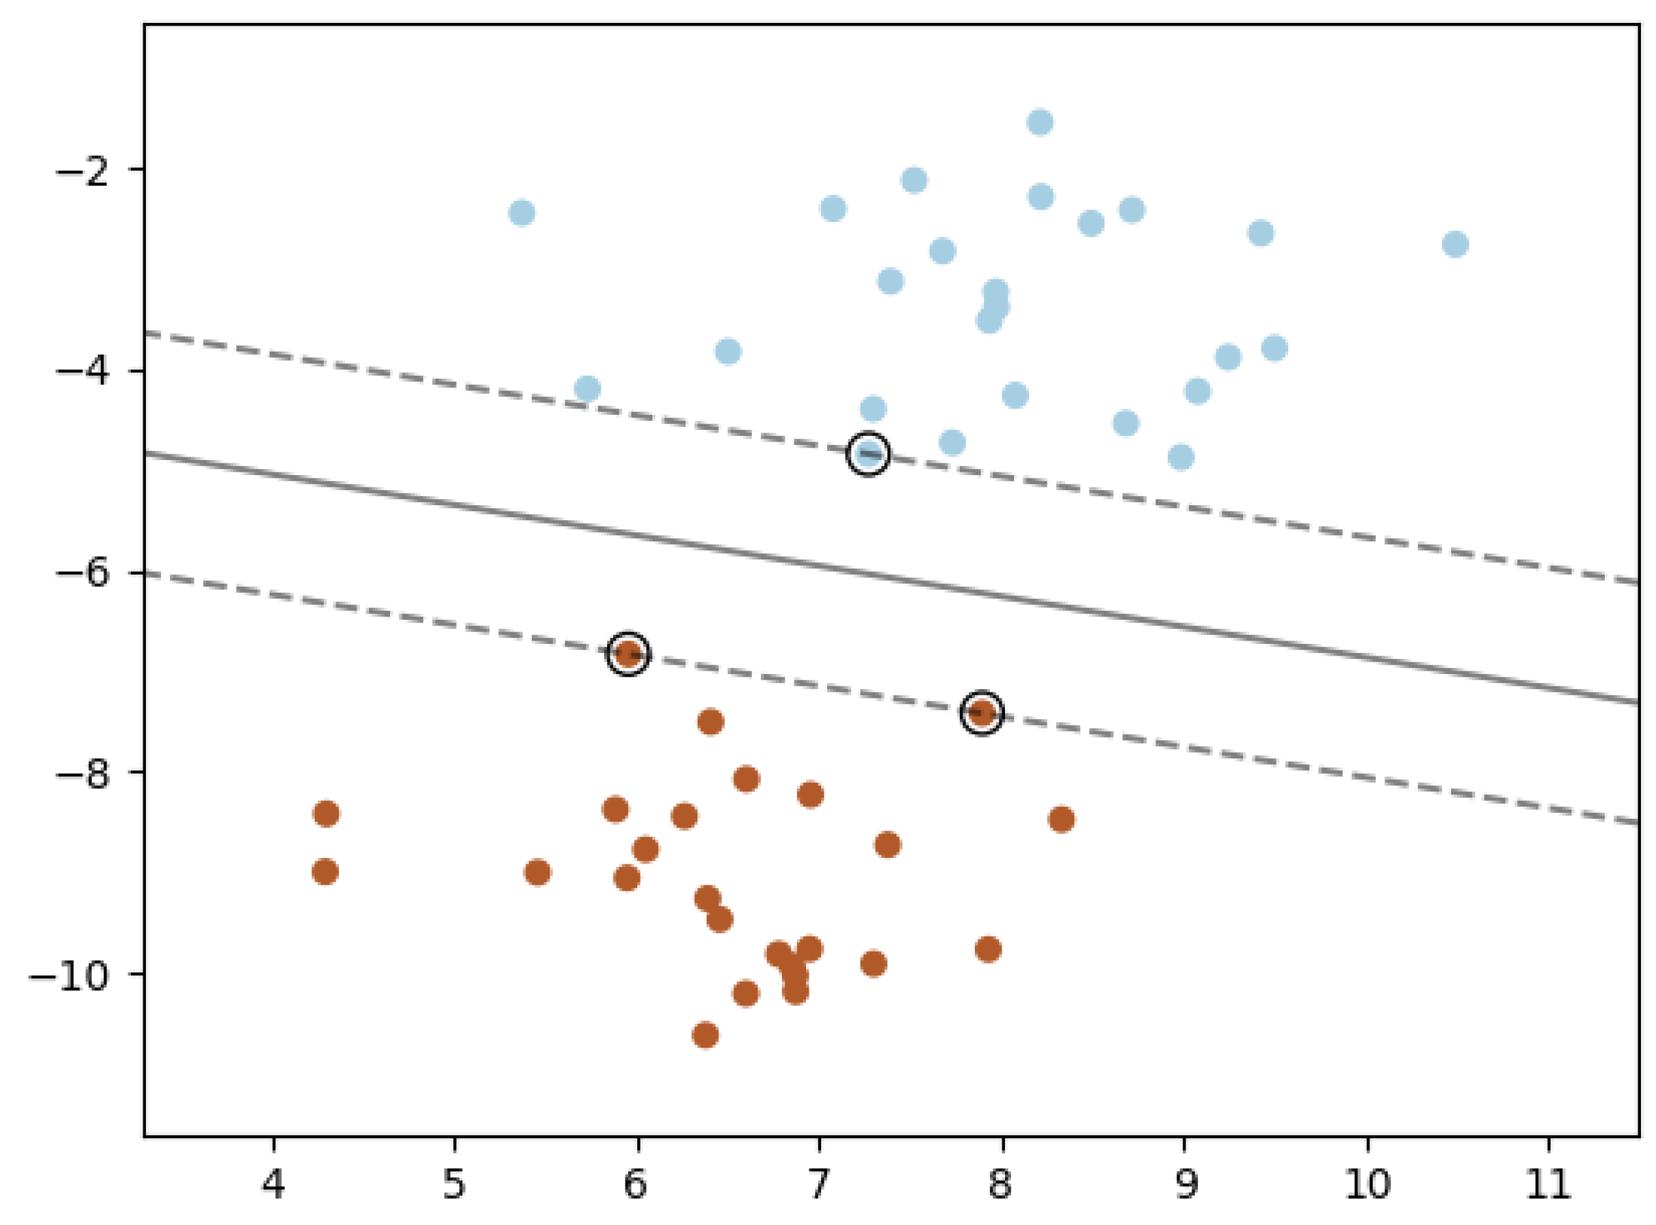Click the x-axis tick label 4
[x=273, y=1185]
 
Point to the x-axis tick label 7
[x=819, y=1185]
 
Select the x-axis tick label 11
[x=1548, y=1185]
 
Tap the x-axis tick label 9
[x=1184, y=1185]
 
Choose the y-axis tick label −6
[x=83, y=573]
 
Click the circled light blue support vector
[x=868, y=453]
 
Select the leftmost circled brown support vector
[x=628, y=654]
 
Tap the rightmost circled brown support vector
[x=982, y=713]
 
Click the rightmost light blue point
[x=1455, y=244]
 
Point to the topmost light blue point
[x=1040, y=122]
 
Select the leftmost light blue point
[x=522, y=213]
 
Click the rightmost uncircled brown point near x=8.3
[x=1061, y=819]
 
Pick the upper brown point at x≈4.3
[x=326, y=813]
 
